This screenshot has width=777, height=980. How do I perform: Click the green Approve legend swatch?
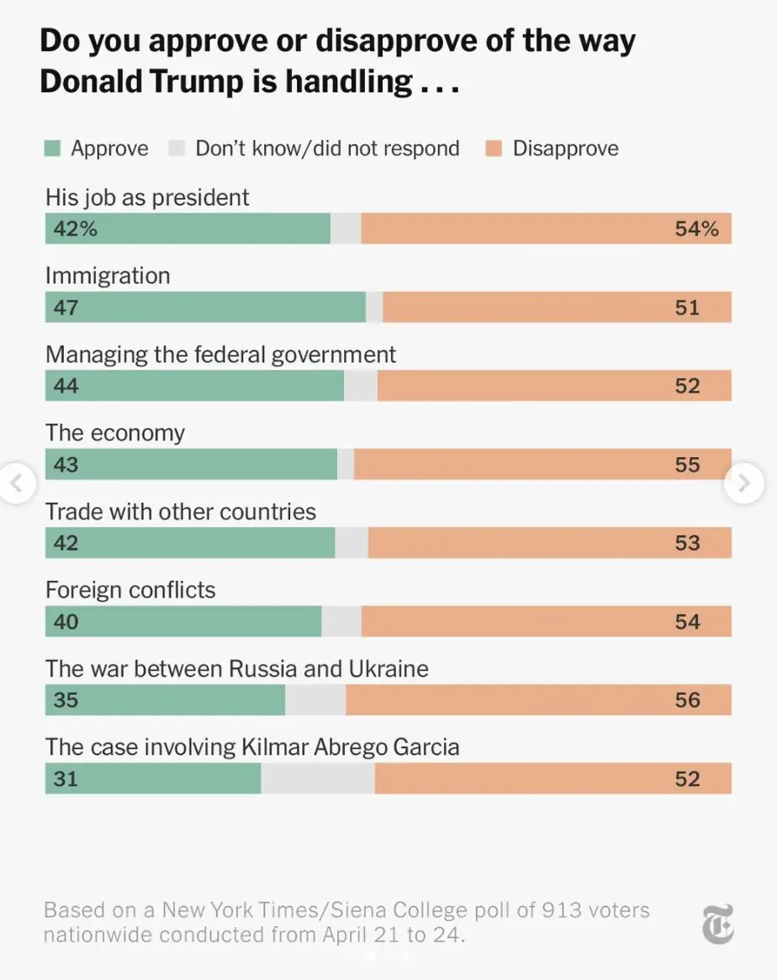tap(53, 149)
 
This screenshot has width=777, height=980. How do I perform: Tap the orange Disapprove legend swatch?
tap(494, 149)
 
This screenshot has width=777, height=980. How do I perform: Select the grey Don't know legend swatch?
tap(177, 149)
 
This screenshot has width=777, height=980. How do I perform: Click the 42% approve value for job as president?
tap(75, 229)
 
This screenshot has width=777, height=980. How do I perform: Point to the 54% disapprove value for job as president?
tap(696, 229)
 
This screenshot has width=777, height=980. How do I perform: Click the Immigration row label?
tap(108, 276)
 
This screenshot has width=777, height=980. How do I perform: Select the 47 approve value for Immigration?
tap(66, 308)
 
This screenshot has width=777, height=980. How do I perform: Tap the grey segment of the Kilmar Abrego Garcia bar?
tap(318, 778)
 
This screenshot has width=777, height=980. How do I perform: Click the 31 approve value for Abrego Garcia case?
tap(66, 778)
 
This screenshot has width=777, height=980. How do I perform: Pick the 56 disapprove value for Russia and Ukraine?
tap(687, 700)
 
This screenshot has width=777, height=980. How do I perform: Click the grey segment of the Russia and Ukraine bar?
tap(315, 700)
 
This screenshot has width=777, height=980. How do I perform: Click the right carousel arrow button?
tap(744, 483)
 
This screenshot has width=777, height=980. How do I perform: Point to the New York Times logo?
tap(718, 924)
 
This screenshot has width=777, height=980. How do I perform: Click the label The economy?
tap(115, 433)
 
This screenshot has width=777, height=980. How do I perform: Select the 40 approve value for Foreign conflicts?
tap(66, 622)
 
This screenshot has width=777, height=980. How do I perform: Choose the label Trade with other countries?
tap(181, 512)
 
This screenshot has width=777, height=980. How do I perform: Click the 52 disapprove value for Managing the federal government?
tap(687, 386)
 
